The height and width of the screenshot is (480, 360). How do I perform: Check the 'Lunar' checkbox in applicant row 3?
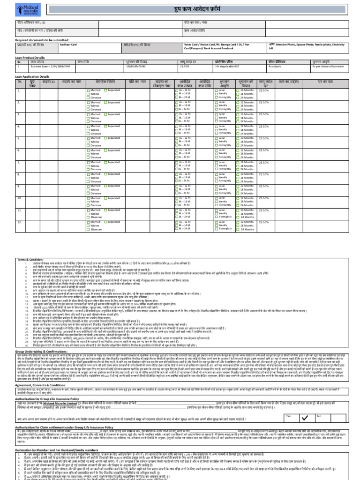pyautogui.click(x=217, y=114)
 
